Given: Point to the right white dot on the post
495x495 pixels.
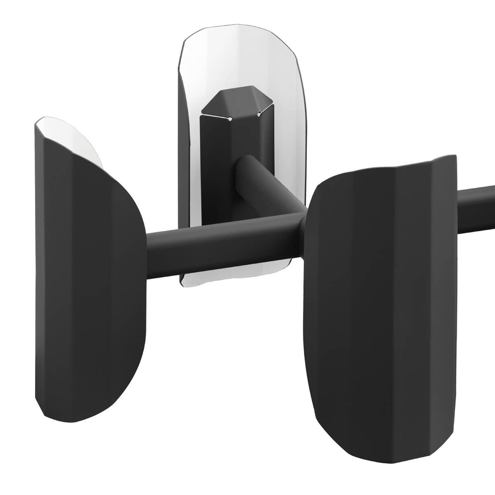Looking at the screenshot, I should [x=258, y=115].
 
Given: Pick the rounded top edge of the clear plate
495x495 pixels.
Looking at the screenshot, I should [x=238, y=27].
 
